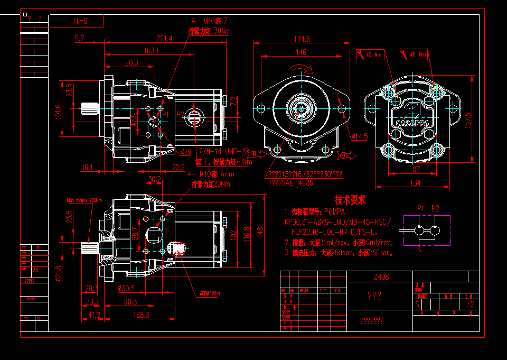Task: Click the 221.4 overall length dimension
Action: (x=164, y=39)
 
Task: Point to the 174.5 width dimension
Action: (x=302, y=39)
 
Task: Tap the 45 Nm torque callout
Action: (x=373, y=54)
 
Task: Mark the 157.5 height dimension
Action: (x=467, y=123)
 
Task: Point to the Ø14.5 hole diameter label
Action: (x=359, y=136)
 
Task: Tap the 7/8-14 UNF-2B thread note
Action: (x=222, y=151)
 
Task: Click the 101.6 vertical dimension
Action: (x=59, y=112)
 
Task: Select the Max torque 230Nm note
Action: (x=84, y=200)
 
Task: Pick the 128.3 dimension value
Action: (x=142, y=315)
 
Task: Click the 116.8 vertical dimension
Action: (x=246, y=233)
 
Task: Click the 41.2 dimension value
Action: (x=95, y=315)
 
